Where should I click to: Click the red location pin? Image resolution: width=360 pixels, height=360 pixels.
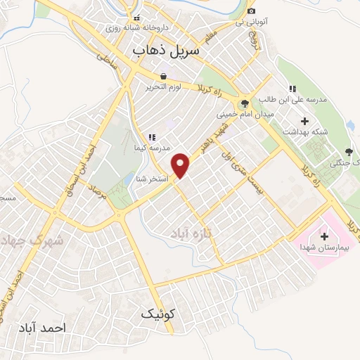[x=182, y=165]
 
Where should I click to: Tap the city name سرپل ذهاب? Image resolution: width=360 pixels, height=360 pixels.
[x=166, y=51]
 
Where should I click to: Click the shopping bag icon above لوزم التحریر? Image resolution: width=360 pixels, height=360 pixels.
[x=163, y=76]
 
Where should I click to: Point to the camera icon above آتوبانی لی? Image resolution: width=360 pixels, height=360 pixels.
[x=251, y=11]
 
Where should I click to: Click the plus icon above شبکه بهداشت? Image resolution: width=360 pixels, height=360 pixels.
[x=294, y=121]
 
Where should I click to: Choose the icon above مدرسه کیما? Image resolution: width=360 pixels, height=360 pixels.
[x=151, y=137]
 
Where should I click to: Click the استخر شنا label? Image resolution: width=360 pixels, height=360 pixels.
[x=151, y=179]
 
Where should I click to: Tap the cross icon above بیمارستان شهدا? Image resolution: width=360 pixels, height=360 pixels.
[x=323, y=236]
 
